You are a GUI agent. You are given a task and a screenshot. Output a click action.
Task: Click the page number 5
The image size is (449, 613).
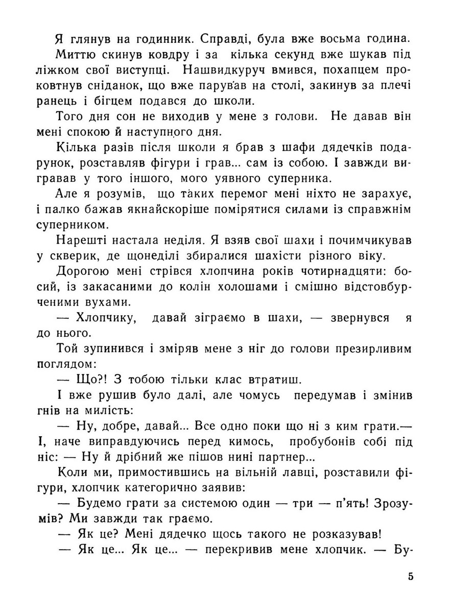coord(411,577)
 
